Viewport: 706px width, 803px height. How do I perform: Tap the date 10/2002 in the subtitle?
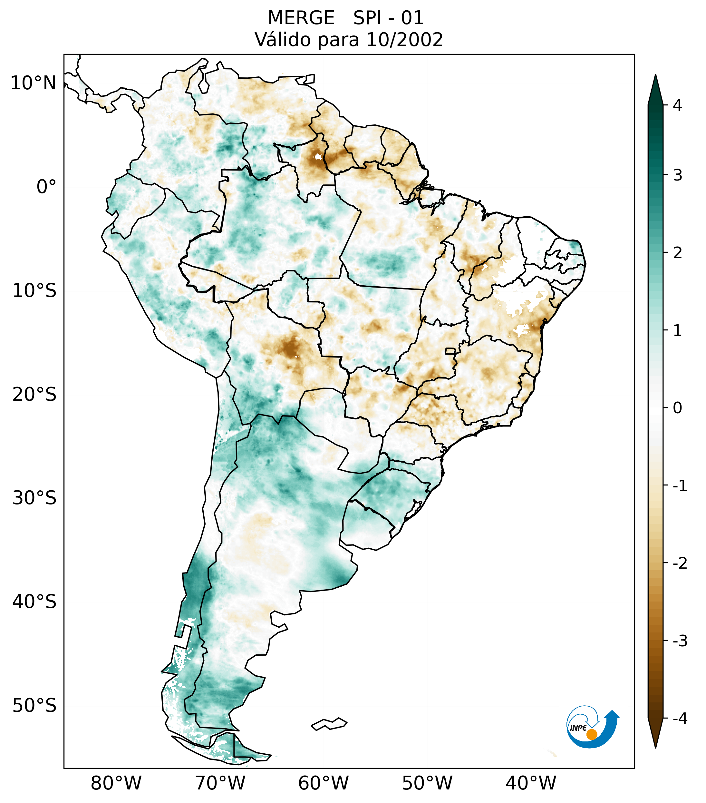[404, 40]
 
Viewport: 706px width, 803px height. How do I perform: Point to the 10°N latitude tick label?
[34, 83]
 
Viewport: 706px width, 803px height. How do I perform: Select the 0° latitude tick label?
[46, 187]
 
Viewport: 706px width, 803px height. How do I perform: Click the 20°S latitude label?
[34, 395]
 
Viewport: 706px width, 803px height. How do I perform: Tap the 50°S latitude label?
[34, 706]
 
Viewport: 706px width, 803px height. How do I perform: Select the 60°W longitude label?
[323, 783]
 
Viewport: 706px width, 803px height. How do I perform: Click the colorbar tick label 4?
[677, 105]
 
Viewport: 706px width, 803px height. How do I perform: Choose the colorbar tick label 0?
[677, 408]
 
